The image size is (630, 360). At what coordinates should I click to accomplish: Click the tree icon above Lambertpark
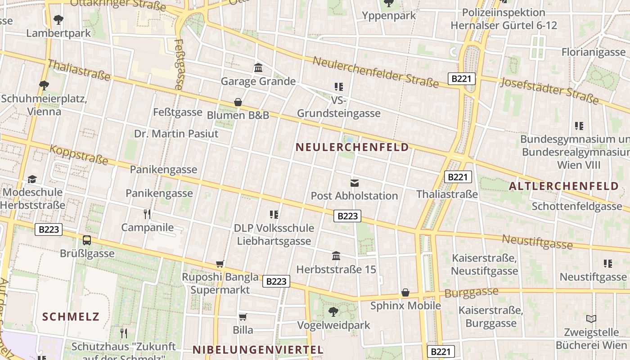tap(58, 20)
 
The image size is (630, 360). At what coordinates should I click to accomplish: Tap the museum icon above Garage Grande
tap(258, 68)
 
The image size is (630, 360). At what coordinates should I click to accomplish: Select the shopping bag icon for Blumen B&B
tap(238, 102)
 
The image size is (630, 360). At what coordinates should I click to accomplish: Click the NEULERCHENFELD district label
tap(352, 147)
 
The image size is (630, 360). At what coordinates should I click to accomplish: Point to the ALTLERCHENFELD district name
tap(563, 186)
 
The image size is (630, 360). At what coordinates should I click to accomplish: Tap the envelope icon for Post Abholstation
tap(355, 183)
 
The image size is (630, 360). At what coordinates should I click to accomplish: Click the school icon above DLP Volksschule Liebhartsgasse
tap(274, 215)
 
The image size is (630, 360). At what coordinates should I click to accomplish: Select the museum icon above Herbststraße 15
tap(336, 256)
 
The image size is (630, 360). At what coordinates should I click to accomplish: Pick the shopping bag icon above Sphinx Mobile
tap(405, 292)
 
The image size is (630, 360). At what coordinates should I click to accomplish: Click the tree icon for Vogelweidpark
tap(333, 311)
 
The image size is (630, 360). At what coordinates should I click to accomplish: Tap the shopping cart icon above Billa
tap(243, 316)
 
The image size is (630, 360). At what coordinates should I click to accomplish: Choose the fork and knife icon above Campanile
tap(147, 214)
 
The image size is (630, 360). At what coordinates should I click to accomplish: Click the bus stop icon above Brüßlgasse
tap(87, 240)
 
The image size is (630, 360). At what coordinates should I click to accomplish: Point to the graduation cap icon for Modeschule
tap(32, 179)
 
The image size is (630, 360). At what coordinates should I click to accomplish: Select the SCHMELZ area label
tap(71, 316)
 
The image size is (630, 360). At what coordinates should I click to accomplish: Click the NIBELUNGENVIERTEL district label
tap(258, 350)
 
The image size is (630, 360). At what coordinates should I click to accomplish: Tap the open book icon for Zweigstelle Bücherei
tap(591, 319)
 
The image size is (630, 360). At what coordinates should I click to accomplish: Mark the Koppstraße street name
tap(79, 154)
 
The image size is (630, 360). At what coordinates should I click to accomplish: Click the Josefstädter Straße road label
tap(549, 90)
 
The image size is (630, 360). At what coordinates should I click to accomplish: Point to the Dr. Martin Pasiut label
tap(176, 134)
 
